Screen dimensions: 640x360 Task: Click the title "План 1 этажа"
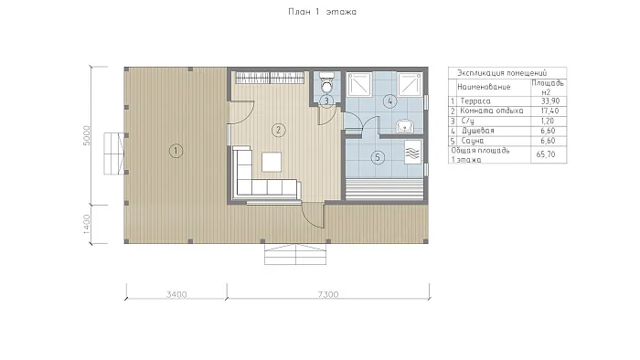click(x=322, y=12)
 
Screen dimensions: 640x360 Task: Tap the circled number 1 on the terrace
click(x=176, y=151)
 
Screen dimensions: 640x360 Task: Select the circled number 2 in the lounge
click(x=278, y=130)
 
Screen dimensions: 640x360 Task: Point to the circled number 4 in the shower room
click(x=390, y=101)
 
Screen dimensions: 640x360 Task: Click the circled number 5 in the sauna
click(x=378, y=157)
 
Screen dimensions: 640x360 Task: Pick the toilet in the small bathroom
click(x=326, y=83)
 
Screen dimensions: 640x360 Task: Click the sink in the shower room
click(x=405, y=126)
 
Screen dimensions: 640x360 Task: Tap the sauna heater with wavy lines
click(x=412, y=152)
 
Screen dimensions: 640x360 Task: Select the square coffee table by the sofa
click(x=272, y=162)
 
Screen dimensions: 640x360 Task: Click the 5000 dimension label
click(x=87, y=135)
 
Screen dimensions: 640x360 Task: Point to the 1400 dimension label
click(x=87, y=224)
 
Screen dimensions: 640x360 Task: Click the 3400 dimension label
click(x=176, y=294)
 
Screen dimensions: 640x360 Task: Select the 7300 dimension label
click(x=328, y=294)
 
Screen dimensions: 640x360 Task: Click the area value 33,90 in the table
click(x=550, y=101)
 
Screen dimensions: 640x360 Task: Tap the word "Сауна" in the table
click(x=473, y=141)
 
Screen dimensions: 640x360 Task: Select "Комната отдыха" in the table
click(x=492, y=111)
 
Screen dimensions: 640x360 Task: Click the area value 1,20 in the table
click(x=548, y=122)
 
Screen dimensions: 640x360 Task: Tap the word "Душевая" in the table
click(x=478, y=131)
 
